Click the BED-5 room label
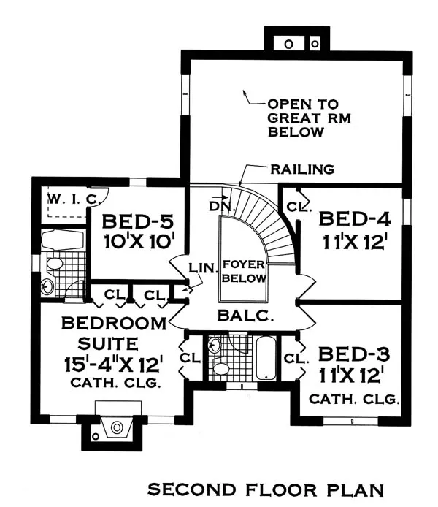point(138,222)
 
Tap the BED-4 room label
point(354,219)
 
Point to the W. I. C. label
point(73,199)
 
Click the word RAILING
point(302,169)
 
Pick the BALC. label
point(245,316)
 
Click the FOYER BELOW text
point(244,271)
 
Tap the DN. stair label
point(221,205)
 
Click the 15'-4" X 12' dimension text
point(113,365)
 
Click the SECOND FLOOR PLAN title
point(266,489)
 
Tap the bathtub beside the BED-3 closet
point(266,358)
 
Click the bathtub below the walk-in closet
point(62,240)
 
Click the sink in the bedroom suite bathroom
point(47,286)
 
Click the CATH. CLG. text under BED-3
point(354,399)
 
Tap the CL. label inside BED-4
point(299,206)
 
